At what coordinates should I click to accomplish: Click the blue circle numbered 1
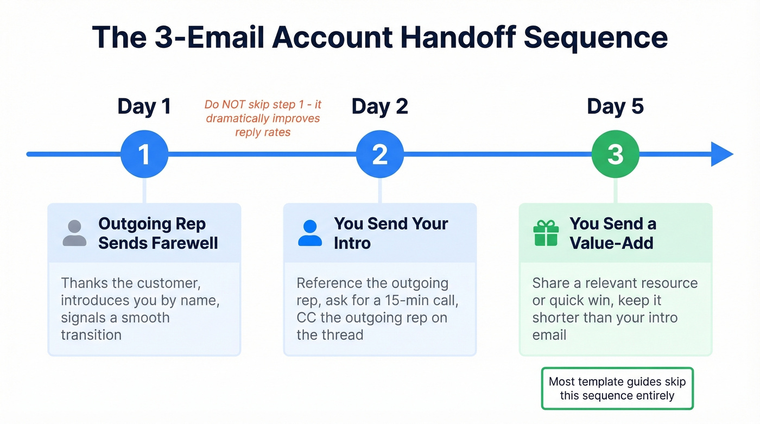[144, 154]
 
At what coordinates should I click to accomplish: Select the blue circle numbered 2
[379, 154]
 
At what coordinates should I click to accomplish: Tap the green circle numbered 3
[615, 154]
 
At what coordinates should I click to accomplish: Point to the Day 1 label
[144, 106]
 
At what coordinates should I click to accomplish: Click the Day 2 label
[379, 106]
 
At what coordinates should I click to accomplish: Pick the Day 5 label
[615, 106]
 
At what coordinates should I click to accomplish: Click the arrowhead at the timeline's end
[722, 154]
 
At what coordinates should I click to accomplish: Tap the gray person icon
[74, 233]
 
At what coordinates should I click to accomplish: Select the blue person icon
[310, 233]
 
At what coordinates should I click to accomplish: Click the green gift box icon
[546, 233]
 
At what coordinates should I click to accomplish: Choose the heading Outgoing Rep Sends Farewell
[158, 233]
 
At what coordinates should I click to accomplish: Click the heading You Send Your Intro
[391, 233]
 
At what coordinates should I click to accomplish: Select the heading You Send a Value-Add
[612, 233]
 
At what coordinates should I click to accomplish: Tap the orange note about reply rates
[263, 118]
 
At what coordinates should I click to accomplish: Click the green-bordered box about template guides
[617, 388]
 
